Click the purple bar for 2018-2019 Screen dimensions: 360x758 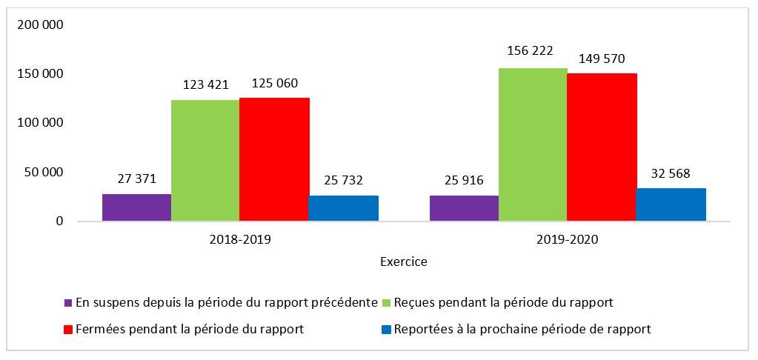point(136,207)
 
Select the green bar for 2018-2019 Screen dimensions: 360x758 point(205,160)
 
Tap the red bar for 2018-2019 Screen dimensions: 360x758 point(274,159)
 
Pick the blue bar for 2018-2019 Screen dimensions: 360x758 point(343,208)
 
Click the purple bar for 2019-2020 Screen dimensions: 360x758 point(464,208)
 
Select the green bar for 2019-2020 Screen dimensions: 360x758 point(533,144)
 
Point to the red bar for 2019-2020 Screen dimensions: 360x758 point(602,147)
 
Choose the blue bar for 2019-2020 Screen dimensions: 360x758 point(671,204)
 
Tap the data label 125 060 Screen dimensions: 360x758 point(274,82)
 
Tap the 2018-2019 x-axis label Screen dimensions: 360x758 point(240,240)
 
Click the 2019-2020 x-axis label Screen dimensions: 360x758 point(568,240)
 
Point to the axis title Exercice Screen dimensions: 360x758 point(403,261)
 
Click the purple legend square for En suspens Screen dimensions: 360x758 point(69,303)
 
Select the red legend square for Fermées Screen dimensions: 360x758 point(69,330)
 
